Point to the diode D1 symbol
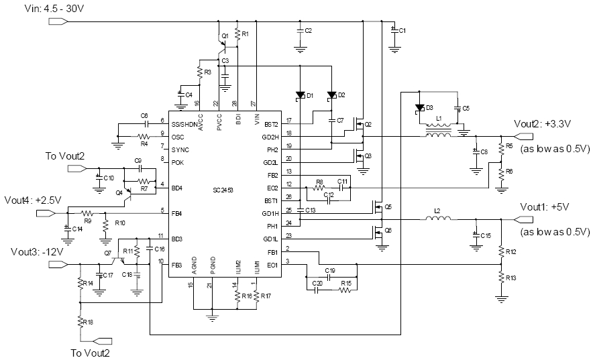[x=301, y=95]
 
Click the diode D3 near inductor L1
[x=420, y=107]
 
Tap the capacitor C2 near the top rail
[x=300, y=32]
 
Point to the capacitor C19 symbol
[x=329, y=276]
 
